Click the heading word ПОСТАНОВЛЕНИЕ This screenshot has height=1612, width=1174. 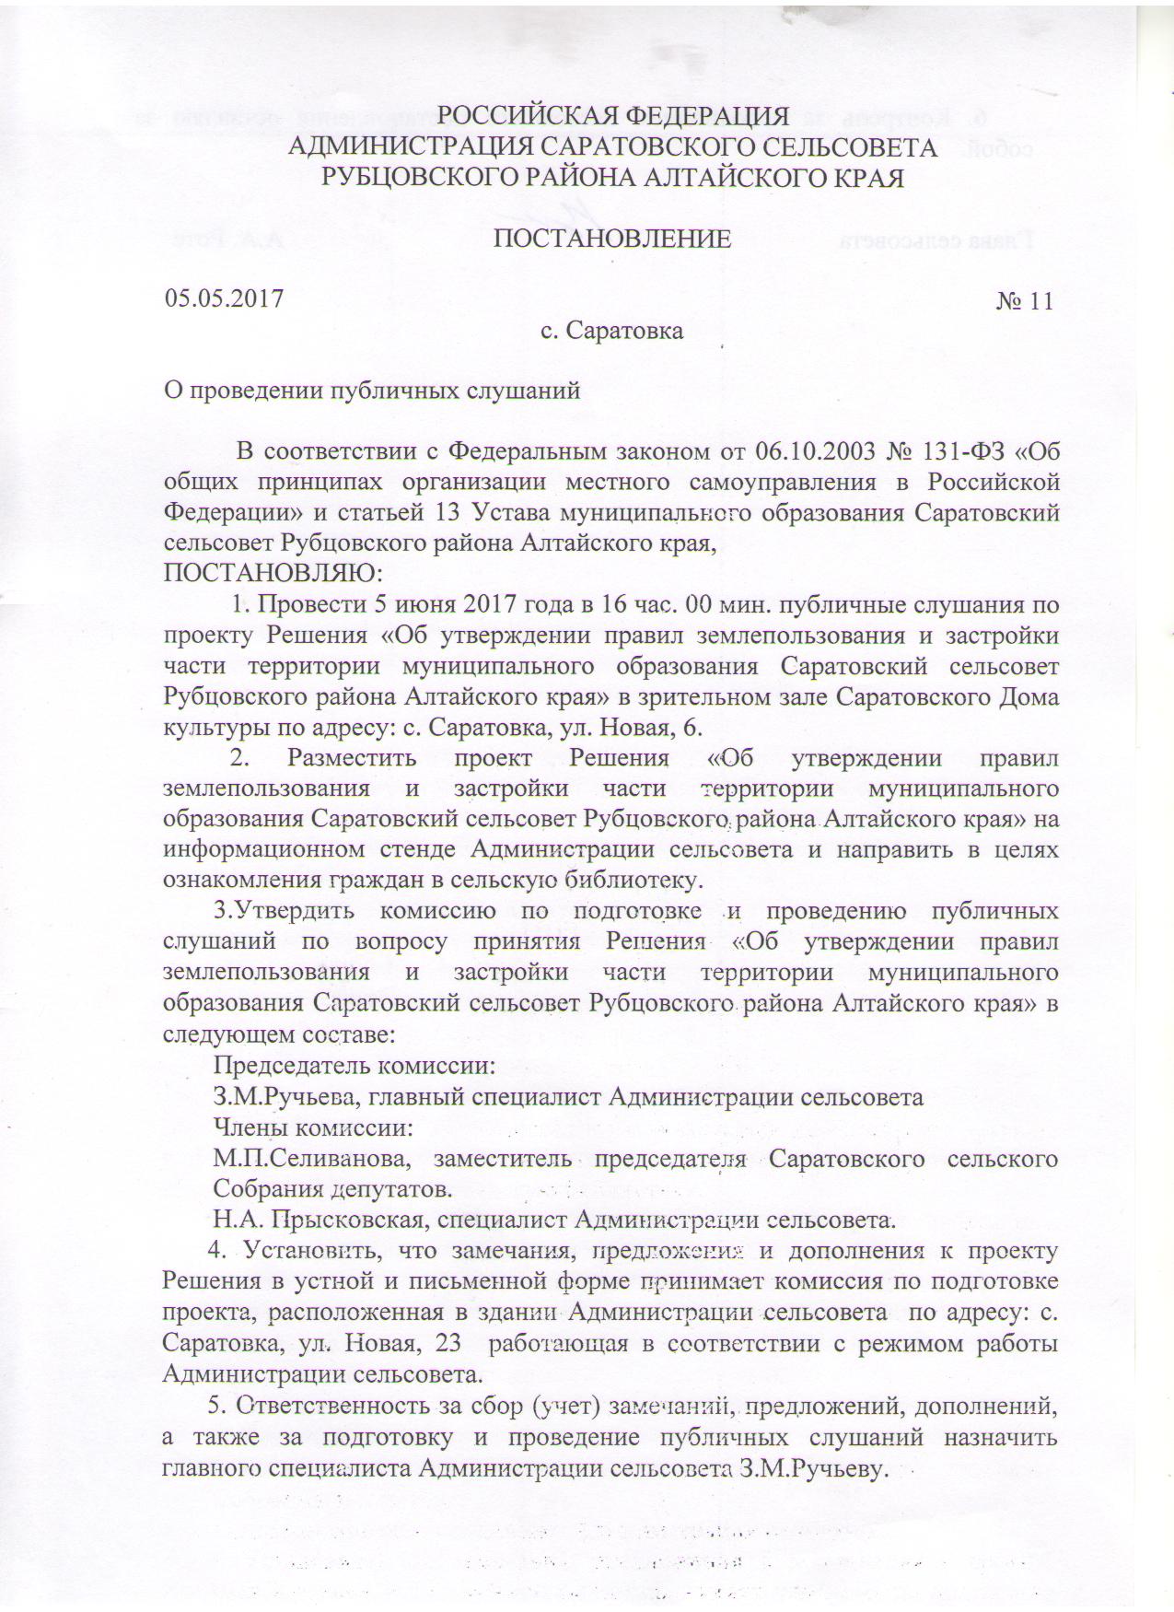[x=613, y=239]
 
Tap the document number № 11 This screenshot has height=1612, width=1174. [x=1024, y=302]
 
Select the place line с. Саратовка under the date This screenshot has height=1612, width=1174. [x=612, y=331]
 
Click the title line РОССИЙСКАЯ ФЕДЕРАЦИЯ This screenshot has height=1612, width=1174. [x=612, y=116]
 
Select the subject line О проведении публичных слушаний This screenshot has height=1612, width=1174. [x=371, y=391]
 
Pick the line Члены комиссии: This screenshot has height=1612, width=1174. [x=312, y=1127]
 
